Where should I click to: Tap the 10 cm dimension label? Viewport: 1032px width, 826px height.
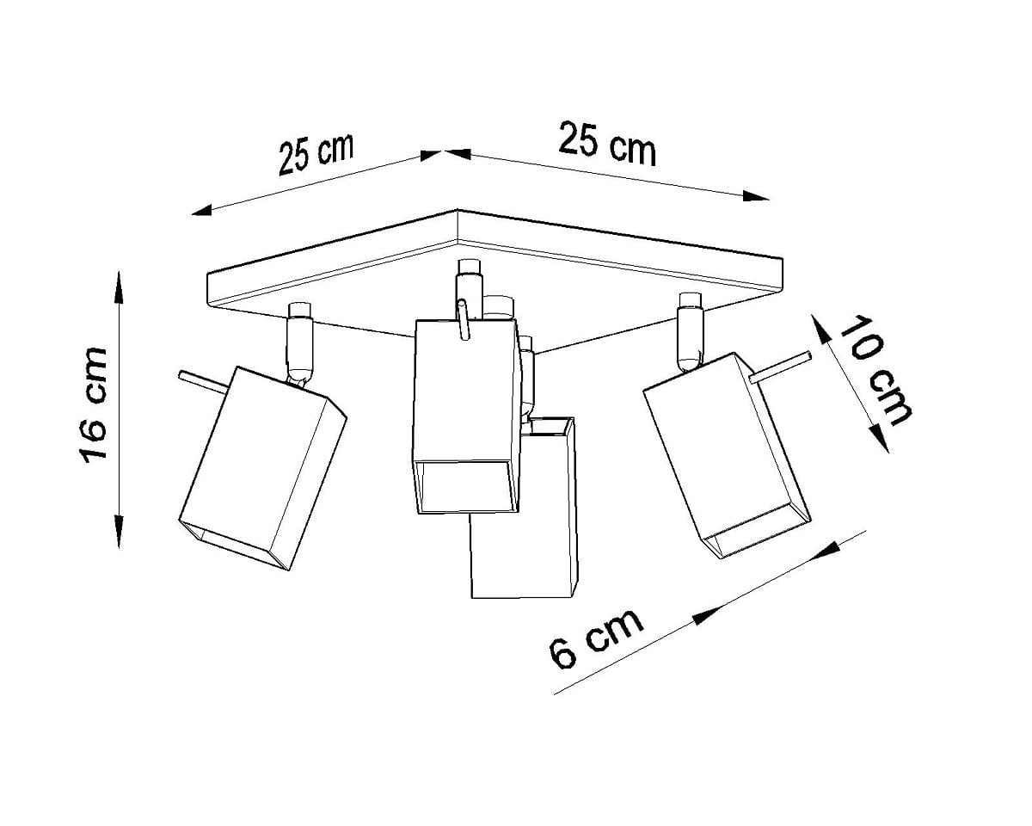876,370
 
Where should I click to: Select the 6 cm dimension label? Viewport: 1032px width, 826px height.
595,638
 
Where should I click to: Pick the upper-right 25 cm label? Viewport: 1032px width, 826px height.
606,144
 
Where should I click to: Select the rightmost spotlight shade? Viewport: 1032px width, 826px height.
726,455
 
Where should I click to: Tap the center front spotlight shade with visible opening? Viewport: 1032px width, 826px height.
466,416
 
